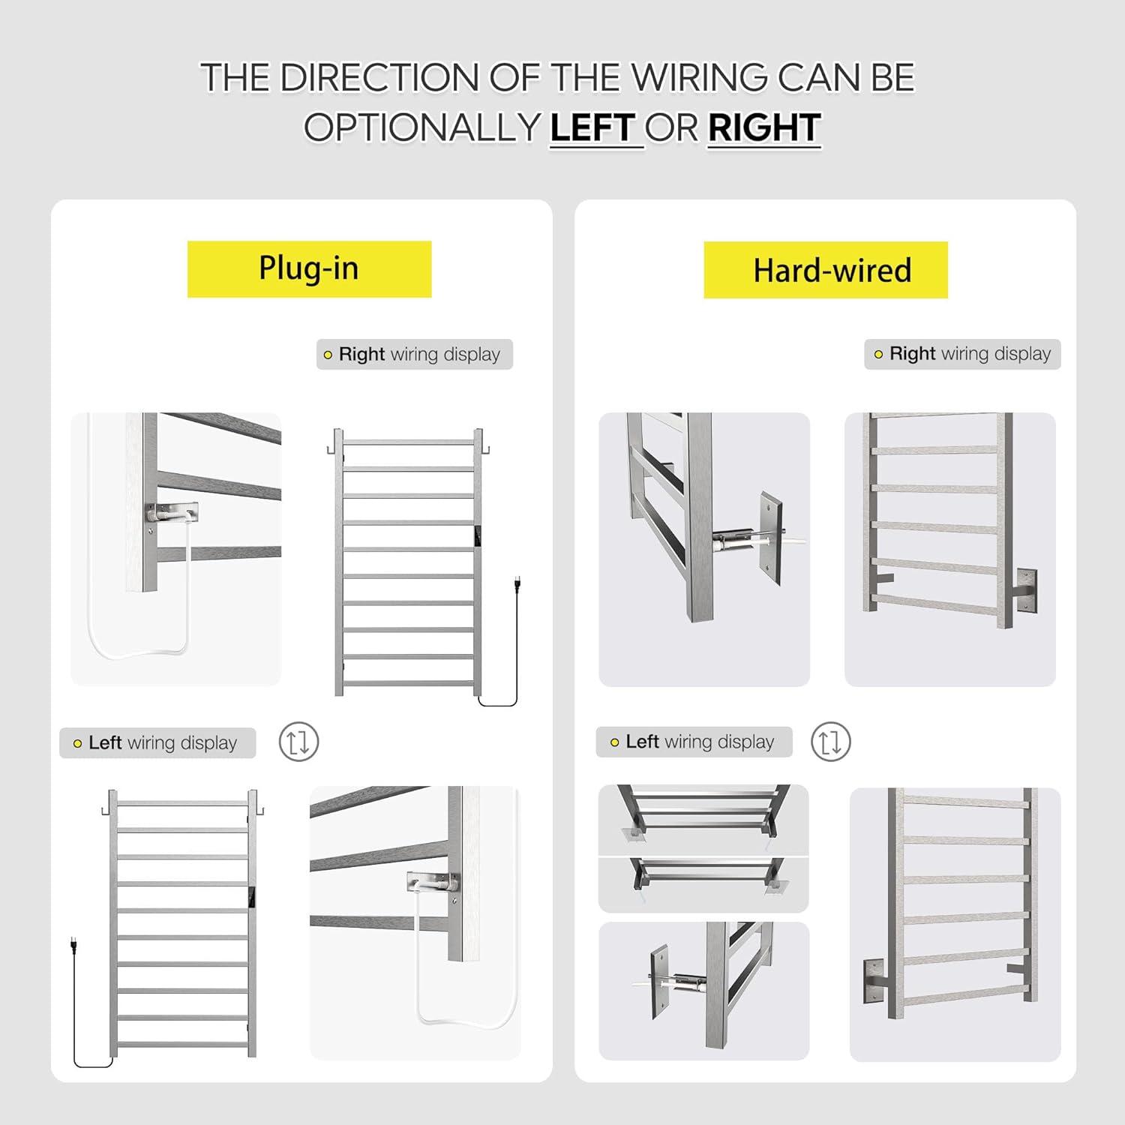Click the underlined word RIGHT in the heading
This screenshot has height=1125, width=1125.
[763, 127]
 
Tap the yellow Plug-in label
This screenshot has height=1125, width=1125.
[309, 268]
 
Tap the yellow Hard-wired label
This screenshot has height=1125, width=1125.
[825, 270]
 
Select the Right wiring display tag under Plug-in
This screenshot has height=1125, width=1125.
[414, 354]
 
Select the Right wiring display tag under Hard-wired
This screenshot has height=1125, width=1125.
[962, 353]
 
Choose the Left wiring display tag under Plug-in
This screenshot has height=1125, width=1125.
[157, 742]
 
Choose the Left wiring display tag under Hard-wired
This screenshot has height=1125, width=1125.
[694, 742]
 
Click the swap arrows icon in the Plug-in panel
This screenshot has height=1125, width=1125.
[298, 742]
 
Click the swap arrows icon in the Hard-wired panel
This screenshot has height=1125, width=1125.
[830, 742]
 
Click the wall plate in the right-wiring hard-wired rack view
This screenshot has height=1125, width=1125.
[1027, 590]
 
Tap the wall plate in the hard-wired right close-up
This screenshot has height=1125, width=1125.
[772, 537]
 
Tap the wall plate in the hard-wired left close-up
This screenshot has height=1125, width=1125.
[660, 981]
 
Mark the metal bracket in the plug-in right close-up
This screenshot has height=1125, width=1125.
[172, 513]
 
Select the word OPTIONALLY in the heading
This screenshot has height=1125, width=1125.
[422, 127]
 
